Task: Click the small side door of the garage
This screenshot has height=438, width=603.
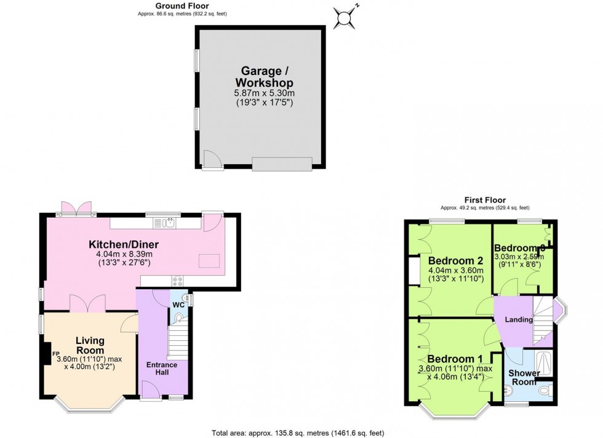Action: point(212,160)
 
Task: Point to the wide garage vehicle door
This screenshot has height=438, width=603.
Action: point(282,163)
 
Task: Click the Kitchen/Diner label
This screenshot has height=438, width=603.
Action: point(128,243)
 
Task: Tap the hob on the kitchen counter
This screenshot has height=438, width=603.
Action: point(178,281)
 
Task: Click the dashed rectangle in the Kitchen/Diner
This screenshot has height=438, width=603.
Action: point(209,260)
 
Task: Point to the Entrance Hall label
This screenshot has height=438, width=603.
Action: point(161,369)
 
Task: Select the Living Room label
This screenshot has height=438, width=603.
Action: point(90,345)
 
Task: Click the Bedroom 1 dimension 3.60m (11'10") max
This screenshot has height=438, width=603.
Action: point(455,369)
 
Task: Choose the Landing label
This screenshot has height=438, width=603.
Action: point(519,320)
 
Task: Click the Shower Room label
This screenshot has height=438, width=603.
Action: point(524,378)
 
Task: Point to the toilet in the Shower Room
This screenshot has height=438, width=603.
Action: point(544,391)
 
